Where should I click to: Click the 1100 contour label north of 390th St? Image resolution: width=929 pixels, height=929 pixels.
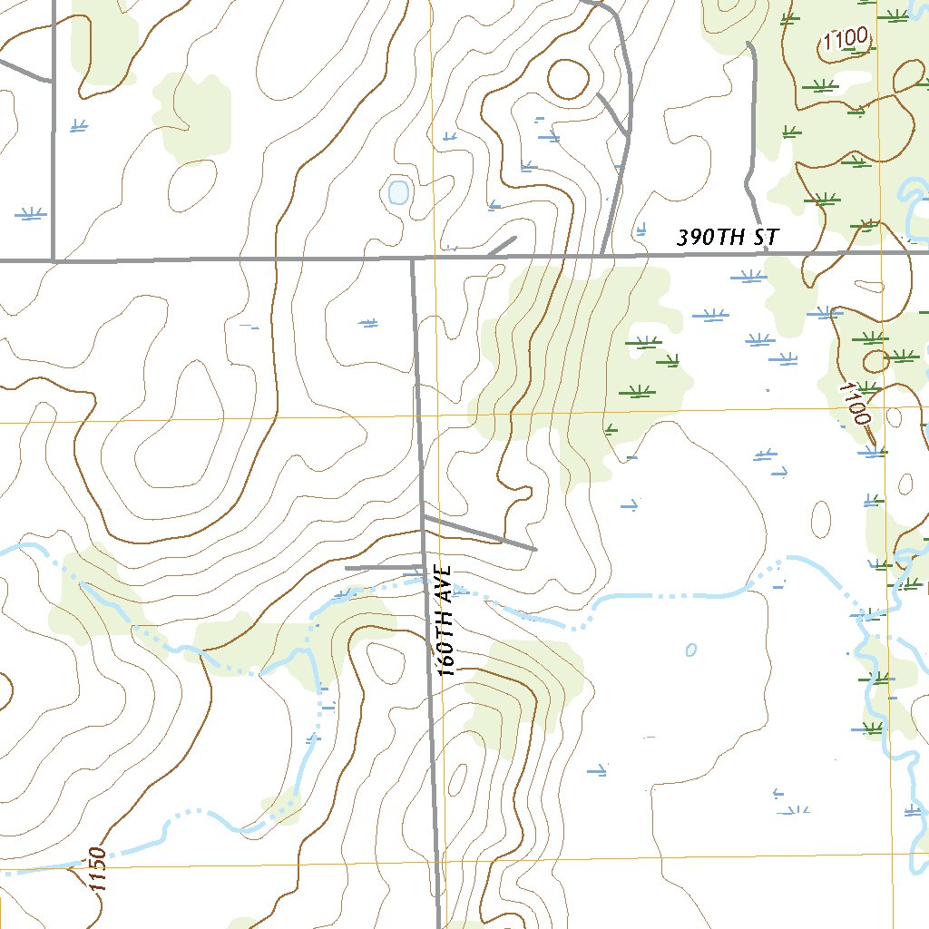coord(846,41)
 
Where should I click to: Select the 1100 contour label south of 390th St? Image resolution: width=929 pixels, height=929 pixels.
coord(855,403)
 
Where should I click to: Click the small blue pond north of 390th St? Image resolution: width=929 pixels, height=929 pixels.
coord(397,191)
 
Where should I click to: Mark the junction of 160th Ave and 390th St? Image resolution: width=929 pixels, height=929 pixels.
coord(413,259)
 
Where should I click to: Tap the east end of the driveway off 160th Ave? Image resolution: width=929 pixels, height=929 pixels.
coord(534,549)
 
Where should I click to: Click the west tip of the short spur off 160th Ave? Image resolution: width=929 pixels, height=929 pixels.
coord(347,568)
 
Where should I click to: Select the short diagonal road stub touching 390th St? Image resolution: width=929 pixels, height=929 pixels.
coord(502,246)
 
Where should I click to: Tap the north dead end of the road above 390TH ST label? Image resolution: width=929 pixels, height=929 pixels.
coord(748,43)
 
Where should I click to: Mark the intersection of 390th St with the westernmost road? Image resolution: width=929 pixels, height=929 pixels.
coord(54,259)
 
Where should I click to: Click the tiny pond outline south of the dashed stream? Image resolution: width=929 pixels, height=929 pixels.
coord(691,650)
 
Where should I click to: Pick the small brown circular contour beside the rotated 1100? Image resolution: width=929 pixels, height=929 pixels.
coord(875,361)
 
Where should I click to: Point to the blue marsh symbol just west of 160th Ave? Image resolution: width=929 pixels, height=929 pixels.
coord(367,322)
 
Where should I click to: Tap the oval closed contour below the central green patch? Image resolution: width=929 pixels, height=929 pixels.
coord(820,518)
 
